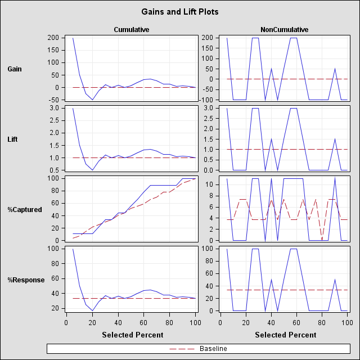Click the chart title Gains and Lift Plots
pos(180,11)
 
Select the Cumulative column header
pos(131,29)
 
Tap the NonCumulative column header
pos(284,29)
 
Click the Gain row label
pos(15,69)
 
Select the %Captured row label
pos(25,210)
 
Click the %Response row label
pos(26,280)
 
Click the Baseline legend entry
pos(213,349)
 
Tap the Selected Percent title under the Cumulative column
pos(133,335)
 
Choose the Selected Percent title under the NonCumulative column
pos(286,335)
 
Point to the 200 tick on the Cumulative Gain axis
pos(53,38)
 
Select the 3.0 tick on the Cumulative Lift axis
pos(55,108)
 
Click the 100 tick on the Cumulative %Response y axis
pos(53,249)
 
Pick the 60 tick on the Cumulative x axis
pos(143,322)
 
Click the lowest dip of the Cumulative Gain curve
pos(93,100)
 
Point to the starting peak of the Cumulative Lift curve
pos(73,109)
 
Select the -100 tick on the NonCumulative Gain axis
pos(206,100)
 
